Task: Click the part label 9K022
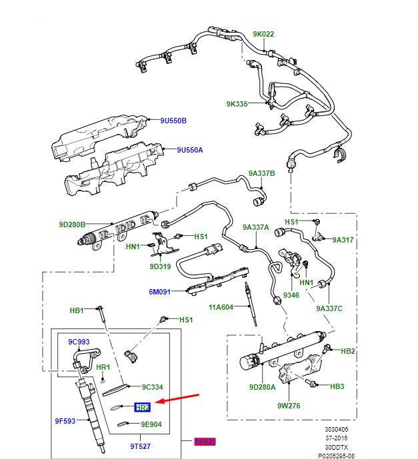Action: [263, 34]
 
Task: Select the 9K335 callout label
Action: [237, 104]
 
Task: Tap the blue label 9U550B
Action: [173, 121]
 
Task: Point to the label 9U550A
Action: [189, 150]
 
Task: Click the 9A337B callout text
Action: [262, 173]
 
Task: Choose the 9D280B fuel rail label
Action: [72, 225]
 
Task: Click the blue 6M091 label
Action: [160, 292]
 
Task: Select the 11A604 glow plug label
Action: [221, 307]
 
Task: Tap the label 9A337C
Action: [329, 308]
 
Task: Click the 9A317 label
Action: [343, 240]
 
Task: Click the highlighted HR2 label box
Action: [143, 407]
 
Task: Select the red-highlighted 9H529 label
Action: [205, 441]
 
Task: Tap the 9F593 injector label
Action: [65, 421]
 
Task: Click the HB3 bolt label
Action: [337, 386]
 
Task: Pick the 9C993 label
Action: [79, 342]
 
